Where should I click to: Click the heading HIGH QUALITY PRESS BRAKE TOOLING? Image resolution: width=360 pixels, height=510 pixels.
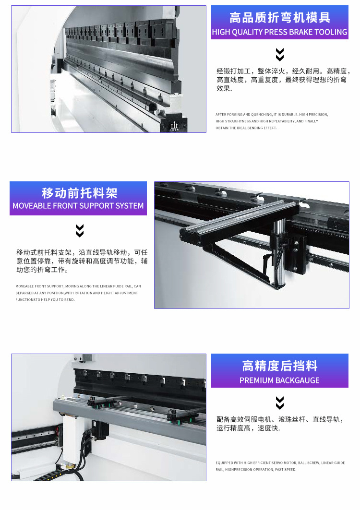coord(280,32)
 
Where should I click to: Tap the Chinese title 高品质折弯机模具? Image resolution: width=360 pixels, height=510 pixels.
coord(280,18)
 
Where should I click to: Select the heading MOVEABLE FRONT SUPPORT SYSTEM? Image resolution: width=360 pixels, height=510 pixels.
coord(78,205)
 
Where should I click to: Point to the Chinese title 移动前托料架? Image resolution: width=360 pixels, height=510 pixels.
coord(80,193)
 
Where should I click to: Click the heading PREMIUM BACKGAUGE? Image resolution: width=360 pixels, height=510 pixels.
coord(280,380)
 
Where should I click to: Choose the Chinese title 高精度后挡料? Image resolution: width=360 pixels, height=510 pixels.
coord(280,366)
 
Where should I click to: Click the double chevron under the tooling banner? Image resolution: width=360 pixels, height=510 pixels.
coord(280,55)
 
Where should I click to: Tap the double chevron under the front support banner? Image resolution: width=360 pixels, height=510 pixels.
coord(80,231)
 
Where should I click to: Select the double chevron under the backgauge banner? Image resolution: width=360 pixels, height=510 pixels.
coord(280,403)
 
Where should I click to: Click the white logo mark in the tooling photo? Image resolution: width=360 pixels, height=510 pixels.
coord(175,126)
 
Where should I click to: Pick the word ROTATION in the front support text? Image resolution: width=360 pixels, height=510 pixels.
coord(84,293)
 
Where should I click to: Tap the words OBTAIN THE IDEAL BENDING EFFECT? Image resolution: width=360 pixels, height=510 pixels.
coord(246,128)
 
